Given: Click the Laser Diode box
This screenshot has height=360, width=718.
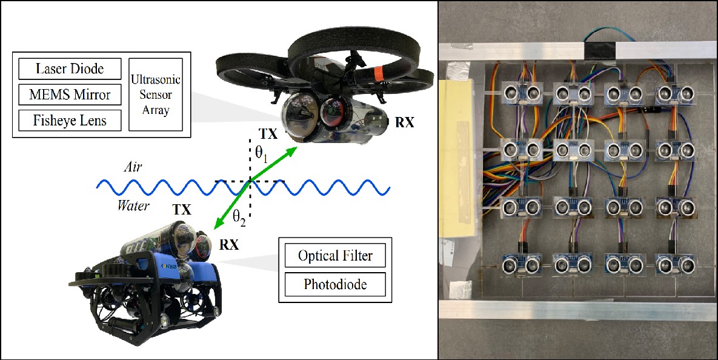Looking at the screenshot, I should tap(70, 69).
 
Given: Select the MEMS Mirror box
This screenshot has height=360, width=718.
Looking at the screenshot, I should tap(70, 95).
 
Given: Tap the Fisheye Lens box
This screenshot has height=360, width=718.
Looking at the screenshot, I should tap(70, 120).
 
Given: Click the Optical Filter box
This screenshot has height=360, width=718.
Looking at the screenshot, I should tap(334, 256).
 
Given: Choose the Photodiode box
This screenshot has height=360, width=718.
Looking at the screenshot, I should tap(334, 284).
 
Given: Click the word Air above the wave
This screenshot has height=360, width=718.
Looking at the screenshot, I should tap(132, 167).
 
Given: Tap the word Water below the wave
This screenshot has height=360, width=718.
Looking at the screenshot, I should tap(133, 206).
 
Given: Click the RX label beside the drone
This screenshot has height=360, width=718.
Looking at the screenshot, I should tap(404, 123).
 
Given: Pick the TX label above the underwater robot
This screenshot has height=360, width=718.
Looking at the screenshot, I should tap(182, 210).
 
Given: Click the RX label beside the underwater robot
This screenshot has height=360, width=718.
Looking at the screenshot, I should tap(229, 245).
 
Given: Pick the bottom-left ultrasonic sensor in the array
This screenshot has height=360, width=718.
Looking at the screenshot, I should tap(522, 264).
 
